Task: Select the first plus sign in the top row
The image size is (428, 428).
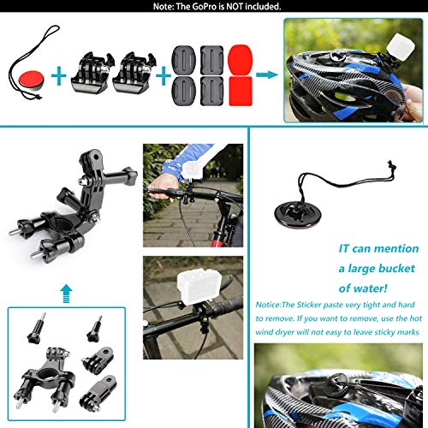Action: (58, 75)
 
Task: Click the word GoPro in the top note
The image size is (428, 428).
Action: (194, 6)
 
